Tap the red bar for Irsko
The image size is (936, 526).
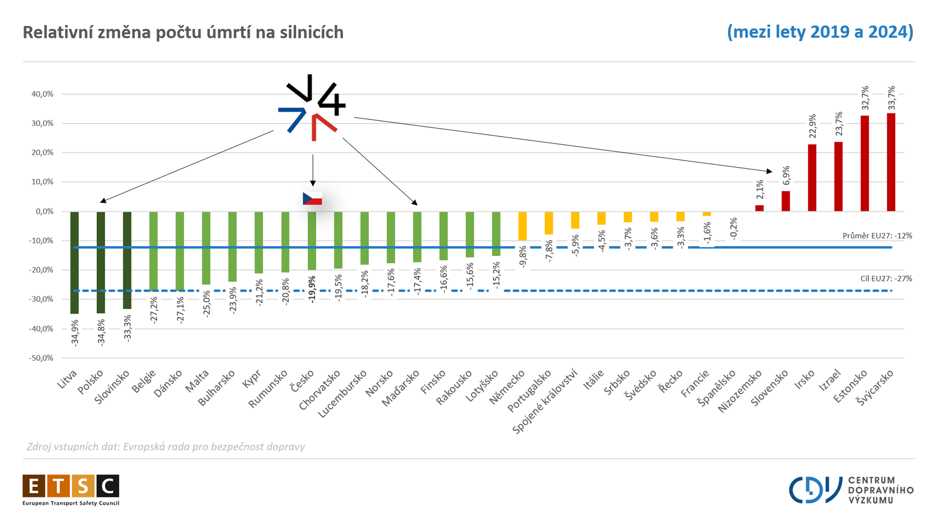tap(812, 178)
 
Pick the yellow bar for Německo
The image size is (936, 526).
tap(522, 226)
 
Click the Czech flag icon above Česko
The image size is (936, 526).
tap(312, 199)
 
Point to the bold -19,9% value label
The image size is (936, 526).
tap(312, 289)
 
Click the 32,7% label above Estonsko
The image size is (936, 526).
tap(865, 98)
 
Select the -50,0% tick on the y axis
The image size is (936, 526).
tap(41, 358)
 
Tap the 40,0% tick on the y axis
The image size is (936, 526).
tap(42, 94)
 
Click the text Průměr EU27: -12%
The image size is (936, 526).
tap(877, 236)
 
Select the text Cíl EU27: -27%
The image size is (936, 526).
tap(886, 279)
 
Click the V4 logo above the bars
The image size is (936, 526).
tap(312, 108)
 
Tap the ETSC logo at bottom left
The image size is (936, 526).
tap(71, 490)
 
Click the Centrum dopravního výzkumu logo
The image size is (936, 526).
tap(851, 490)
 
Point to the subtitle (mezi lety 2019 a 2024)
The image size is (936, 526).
tap(820, 32)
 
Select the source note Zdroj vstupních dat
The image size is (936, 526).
tap(166, 447)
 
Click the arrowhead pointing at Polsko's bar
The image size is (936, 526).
tap(103, 201)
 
